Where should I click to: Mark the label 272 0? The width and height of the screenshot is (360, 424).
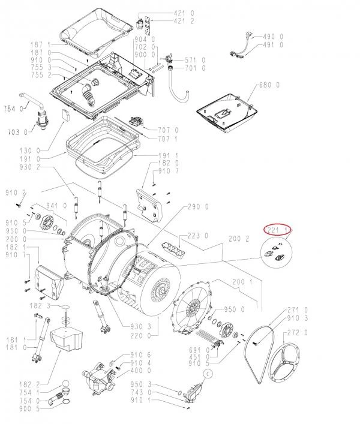(297, 333)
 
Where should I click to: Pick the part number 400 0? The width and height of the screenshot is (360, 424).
(141, 369)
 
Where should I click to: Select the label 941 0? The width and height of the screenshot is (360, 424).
(55, 206)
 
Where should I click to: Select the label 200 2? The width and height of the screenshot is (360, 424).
(239, 240)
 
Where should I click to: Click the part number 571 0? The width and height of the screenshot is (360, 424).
(196, 60)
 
